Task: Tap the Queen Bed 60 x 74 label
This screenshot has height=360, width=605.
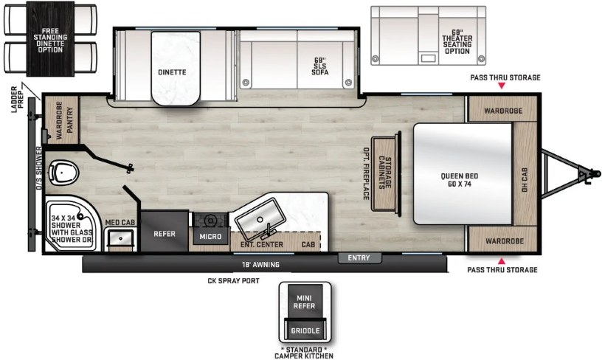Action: click(460, 180)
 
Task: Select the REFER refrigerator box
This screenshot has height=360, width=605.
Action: click(165, 231)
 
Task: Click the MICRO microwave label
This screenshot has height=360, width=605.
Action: click(210, 237)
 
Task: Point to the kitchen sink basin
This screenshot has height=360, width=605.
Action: click(260, 220)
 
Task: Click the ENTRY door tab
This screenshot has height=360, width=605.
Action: click(359, 257)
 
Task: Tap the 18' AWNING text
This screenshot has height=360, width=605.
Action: click(260, 265)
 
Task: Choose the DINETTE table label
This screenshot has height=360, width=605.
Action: click(172, 72)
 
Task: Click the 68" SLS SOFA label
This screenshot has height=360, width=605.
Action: click(320, 66)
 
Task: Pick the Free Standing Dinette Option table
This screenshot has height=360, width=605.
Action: click(51, 39)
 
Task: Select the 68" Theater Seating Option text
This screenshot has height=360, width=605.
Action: click(457, 41)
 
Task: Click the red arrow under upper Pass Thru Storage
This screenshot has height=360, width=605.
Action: click(501, 86)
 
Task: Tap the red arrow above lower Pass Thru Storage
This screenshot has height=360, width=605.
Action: click(501, 261)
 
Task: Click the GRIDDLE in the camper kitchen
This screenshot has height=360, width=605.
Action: click(305, 330)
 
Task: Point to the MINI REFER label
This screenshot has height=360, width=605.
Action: click(305, 302)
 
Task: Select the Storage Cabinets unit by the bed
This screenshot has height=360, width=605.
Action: click(384, 173)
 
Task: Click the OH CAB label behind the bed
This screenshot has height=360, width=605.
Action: click(525, 179)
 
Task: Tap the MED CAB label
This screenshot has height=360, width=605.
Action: click(120, 223)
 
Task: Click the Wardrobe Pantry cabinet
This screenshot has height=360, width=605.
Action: click(62, 120)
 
